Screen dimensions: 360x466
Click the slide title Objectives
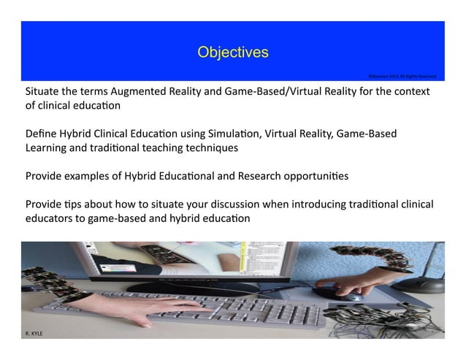click(233, 53)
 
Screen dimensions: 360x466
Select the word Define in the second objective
click(41, 134)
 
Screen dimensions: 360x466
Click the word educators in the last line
click(50, 218)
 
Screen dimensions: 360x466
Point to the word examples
click(92, 176)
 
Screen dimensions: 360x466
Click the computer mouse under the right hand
click(353, 297)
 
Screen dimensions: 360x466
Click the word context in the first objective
click(413, 92)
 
